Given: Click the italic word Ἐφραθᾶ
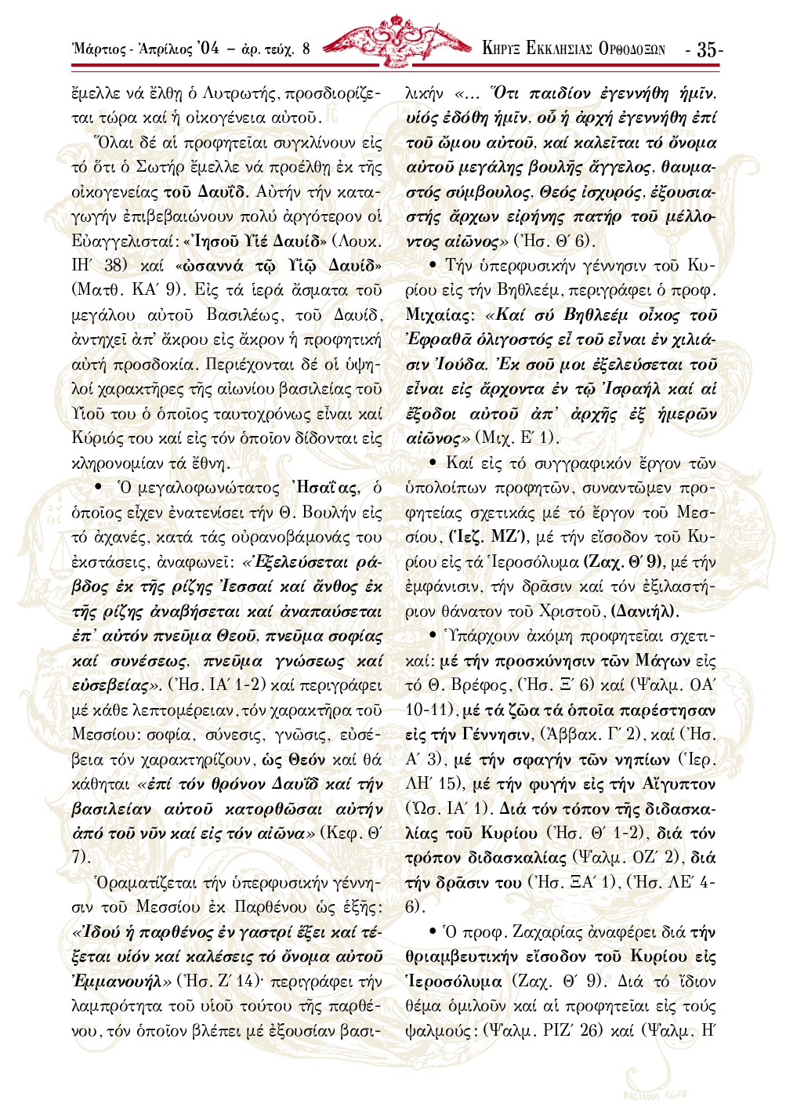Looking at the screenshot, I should (x=442, y=340).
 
